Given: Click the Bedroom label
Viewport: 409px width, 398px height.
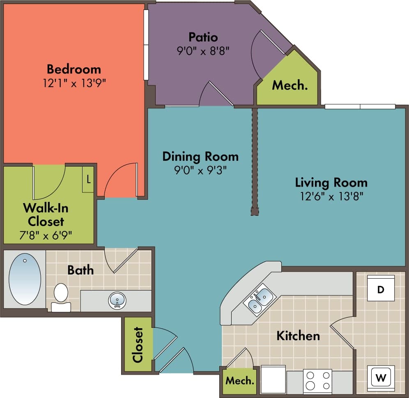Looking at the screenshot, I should tap(74, 69).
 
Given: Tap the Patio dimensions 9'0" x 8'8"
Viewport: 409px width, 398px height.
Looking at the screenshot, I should tap(202, 51).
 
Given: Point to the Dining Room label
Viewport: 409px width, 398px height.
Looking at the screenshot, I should tap(200, 156).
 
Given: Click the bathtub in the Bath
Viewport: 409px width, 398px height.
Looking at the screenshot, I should tap(25, 279).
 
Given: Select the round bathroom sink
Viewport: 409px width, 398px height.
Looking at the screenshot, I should tap(117, 301).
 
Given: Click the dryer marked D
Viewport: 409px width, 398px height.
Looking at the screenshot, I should tap(381, 289).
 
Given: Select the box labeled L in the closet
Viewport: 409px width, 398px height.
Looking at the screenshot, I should tap(88, 179).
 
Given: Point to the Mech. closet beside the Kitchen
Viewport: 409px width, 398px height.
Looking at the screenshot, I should tap(240, 380).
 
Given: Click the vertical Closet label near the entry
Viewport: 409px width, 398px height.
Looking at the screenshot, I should tap(138, 345).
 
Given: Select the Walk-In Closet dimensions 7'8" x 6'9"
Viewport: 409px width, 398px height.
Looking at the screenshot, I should tap(46, 235).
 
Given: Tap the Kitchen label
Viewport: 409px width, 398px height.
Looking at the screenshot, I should tap(298, 336).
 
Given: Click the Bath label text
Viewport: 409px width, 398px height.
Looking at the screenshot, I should tap(80, 270).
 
